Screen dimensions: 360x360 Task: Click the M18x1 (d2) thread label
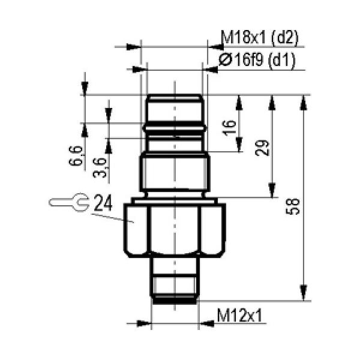click(x=260, y=37)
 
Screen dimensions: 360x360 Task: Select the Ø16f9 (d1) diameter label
click(x=257, y=60)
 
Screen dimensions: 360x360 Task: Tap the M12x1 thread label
click(x=239, y=316)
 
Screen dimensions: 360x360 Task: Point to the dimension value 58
click(x=292, y=206)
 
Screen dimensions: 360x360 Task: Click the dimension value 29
click(x=262, y=148)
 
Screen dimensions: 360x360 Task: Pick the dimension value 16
click(x=229, y=128)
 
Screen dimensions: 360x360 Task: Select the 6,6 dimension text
click(x=76, y=155)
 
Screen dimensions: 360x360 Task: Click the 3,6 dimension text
click(x=100, y=168)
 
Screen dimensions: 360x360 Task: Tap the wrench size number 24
click(x=103, y=203)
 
